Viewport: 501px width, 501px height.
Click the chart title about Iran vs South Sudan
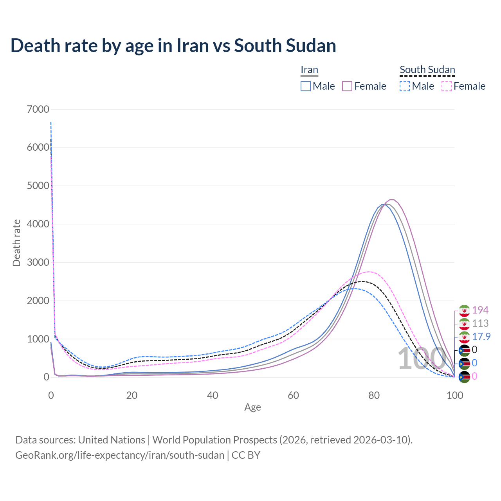(x=173, y=45)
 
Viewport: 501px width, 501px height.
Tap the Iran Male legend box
(x=306, y=86)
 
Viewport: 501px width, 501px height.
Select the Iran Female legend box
(x=348, y=86)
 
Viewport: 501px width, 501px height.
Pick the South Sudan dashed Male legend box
(x=405, y=86)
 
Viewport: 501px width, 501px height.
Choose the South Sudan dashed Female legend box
(x=447, y=86)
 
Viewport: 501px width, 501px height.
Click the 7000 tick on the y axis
(x=38, y=109)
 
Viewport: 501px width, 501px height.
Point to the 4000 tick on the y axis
(x=38, y=224)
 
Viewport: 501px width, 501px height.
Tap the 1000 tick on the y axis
(x=38, y=339)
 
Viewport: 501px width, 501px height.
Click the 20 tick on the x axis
(x=132, y=395)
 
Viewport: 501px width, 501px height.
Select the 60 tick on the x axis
(x=293, y=395)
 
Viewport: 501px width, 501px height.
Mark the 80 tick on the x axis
(x=374, y=395)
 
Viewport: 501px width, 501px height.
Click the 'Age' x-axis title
(x=252, y=407)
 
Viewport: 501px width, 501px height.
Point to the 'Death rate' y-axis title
(x=16, y=243)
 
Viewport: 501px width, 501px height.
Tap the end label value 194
(x=480, y=310)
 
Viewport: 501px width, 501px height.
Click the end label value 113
(x=480, y=323)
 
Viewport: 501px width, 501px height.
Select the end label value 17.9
(x=481, y=337)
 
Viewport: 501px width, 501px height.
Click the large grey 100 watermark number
(x=416, y=359)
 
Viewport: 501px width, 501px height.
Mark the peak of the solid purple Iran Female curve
(x=391, y=200)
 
